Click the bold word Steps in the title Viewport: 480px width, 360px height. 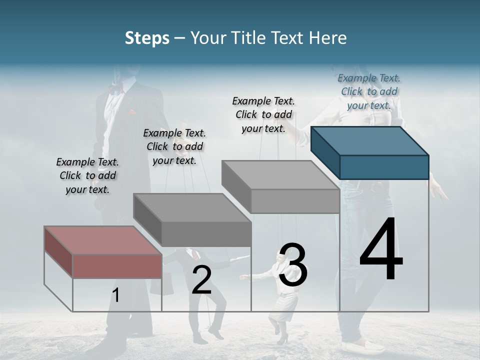tap(147, 38)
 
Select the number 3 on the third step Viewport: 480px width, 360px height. tap(293, 265)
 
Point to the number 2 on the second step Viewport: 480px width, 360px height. tap(201, 280)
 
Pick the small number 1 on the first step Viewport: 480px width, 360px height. tap(115, 295)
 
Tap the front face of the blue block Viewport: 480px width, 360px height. tap(384, 167)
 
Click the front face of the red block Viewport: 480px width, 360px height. tap(117, 266)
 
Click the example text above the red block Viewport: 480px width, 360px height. tap(87, 175)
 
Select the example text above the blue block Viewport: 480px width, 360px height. tap(369, 91)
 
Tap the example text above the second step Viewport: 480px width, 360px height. tap(174, 146)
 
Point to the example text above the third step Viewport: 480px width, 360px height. tap(263, 114)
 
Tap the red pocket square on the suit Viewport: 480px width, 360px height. tap(132, 112)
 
